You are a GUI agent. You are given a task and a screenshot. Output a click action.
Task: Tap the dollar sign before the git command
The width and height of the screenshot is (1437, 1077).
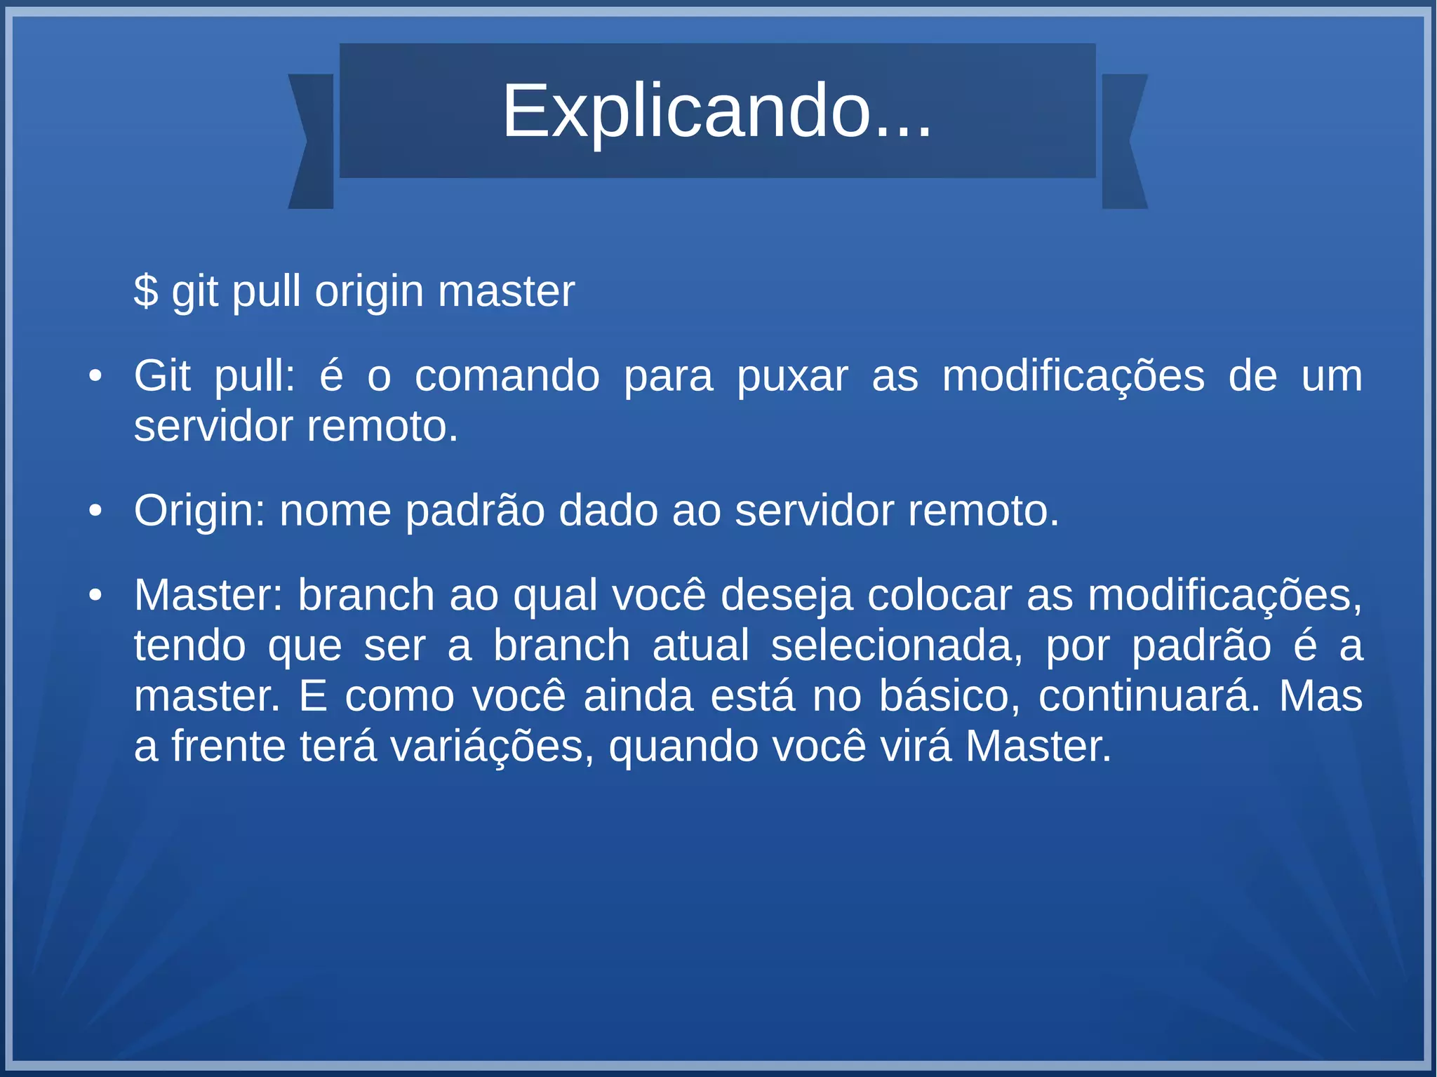tap(146, 291)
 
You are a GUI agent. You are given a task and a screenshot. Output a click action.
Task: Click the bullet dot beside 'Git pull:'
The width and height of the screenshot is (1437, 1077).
tap(95, 377)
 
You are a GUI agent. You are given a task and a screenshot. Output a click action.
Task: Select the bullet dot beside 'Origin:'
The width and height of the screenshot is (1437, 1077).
tap(95, 511)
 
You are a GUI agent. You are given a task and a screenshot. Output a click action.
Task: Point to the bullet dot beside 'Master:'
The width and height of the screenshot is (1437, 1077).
tap(95, 596)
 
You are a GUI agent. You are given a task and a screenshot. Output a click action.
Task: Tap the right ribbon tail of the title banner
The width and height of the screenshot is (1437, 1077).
tap(1124, 141)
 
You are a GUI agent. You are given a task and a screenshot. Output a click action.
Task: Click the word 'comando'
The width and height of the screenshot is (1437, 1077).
tap(507, 377)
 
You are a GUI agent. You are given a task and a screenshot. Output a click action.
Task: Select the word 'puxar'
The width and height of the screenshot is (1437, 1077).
tap(792, 377)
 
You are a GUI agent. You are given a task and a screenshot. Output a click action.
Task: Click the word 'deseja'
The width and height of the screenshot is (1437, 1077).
tap(787, 596)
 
